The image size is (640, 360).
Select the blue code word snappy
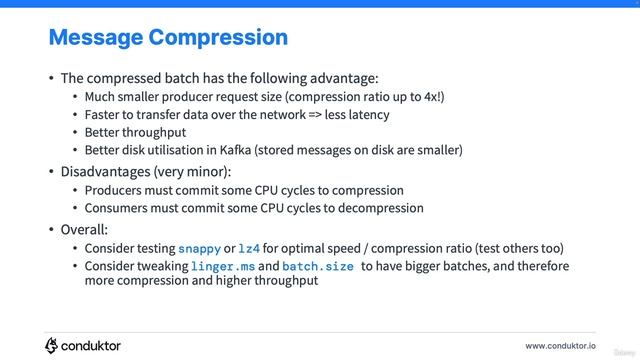[x=199, y=248]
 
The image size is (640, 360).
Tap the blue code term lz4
[x=249, y=248]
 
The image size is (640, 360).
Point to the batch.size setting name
[x=318, y=267]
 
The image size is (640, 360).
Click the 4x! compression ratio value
[x=433, y=97]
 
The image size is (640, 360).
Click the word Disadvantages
[x=106, y=170]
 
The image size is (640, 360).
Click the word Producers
[x=115, y=190]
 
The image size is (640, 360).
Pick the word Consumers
[x=117, y=208]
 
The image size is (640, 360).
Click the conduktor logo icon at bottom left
[x=52, y=345]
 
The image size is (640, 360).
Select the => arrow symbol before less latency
[x=316, y=115]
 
